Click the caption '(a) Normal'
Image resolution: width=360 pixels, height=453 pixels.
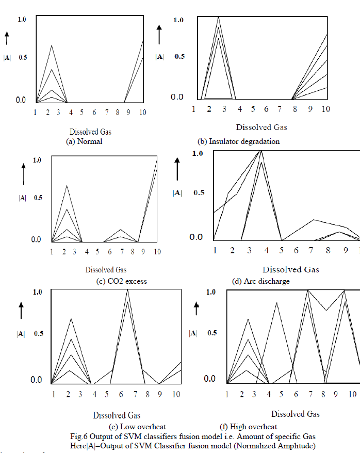85,141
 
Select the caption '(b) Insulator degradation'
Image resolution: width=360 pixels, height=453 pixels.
239,141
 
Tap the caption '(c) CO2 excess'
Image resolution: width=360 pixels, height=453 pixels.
121,281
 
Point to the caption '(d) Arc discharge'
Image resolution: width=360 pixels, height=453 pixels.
260,281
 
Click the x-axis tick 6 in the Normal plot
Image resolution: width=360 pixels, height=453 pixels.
95,112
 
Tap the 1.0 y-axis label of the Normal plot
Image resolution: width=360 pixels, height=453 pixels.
22,19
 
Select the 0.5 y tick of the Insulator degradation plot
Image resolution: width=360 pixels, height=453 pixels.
179,56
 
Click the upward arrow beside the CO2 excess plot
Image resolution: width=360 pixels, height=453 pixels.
23,174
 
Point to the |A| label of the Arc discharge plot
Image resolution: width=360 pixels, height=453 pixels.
177,193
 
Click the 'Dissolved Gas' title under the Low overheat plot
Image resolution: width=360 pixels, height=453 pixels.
117,415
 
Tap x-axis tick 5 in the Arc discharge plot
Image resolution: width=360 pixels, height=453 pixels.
281,250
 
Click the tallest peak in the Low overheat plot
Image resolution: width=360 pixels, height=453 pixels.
127,290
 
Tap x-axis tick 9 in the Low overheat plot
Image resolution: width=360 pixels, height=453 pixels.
160,395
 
